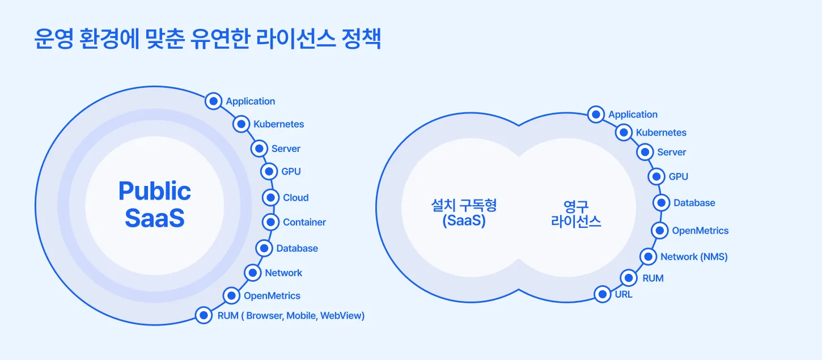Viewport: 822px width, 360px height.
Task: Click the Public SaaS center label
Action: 155,205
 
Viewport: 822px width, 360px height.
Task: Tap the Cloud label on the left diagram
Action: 296,198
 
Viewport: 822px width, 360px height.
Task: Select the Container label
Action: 304,222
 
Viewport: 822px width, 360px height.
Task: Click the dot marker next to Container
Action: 271,222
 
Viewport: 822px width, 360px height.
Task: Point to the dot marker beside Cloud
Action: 270,197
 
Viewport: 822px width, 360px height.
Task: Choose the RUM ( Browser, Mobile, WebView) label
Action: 291,316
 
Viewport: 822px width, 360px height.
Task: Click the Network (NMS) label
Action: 694,257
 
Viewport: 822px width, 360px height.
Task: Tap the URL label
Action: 624,295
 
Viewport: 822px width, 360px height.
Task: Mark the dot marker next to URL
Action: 602,294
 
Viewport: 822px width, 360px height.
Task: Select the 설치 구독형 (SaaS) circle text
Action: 464,213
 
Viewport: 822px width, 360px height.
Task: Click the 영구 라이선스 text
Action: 576,213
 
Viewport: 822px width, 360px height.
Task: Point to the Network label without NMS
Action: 283,273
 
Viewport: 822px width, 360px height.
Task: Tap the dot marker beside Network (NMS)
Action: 648,256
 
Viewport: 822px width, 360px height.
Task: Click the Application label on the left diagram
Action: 251,101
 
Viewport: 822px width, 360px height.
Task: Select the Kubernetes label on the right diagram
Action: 661,133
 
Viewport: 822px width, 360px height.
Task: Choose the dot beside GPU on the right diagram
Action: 656,176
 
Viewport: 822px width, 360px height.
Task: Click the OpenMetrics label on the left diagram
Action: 272,295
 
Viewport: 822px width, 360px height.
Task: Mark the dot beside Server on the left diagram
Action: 259,149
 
